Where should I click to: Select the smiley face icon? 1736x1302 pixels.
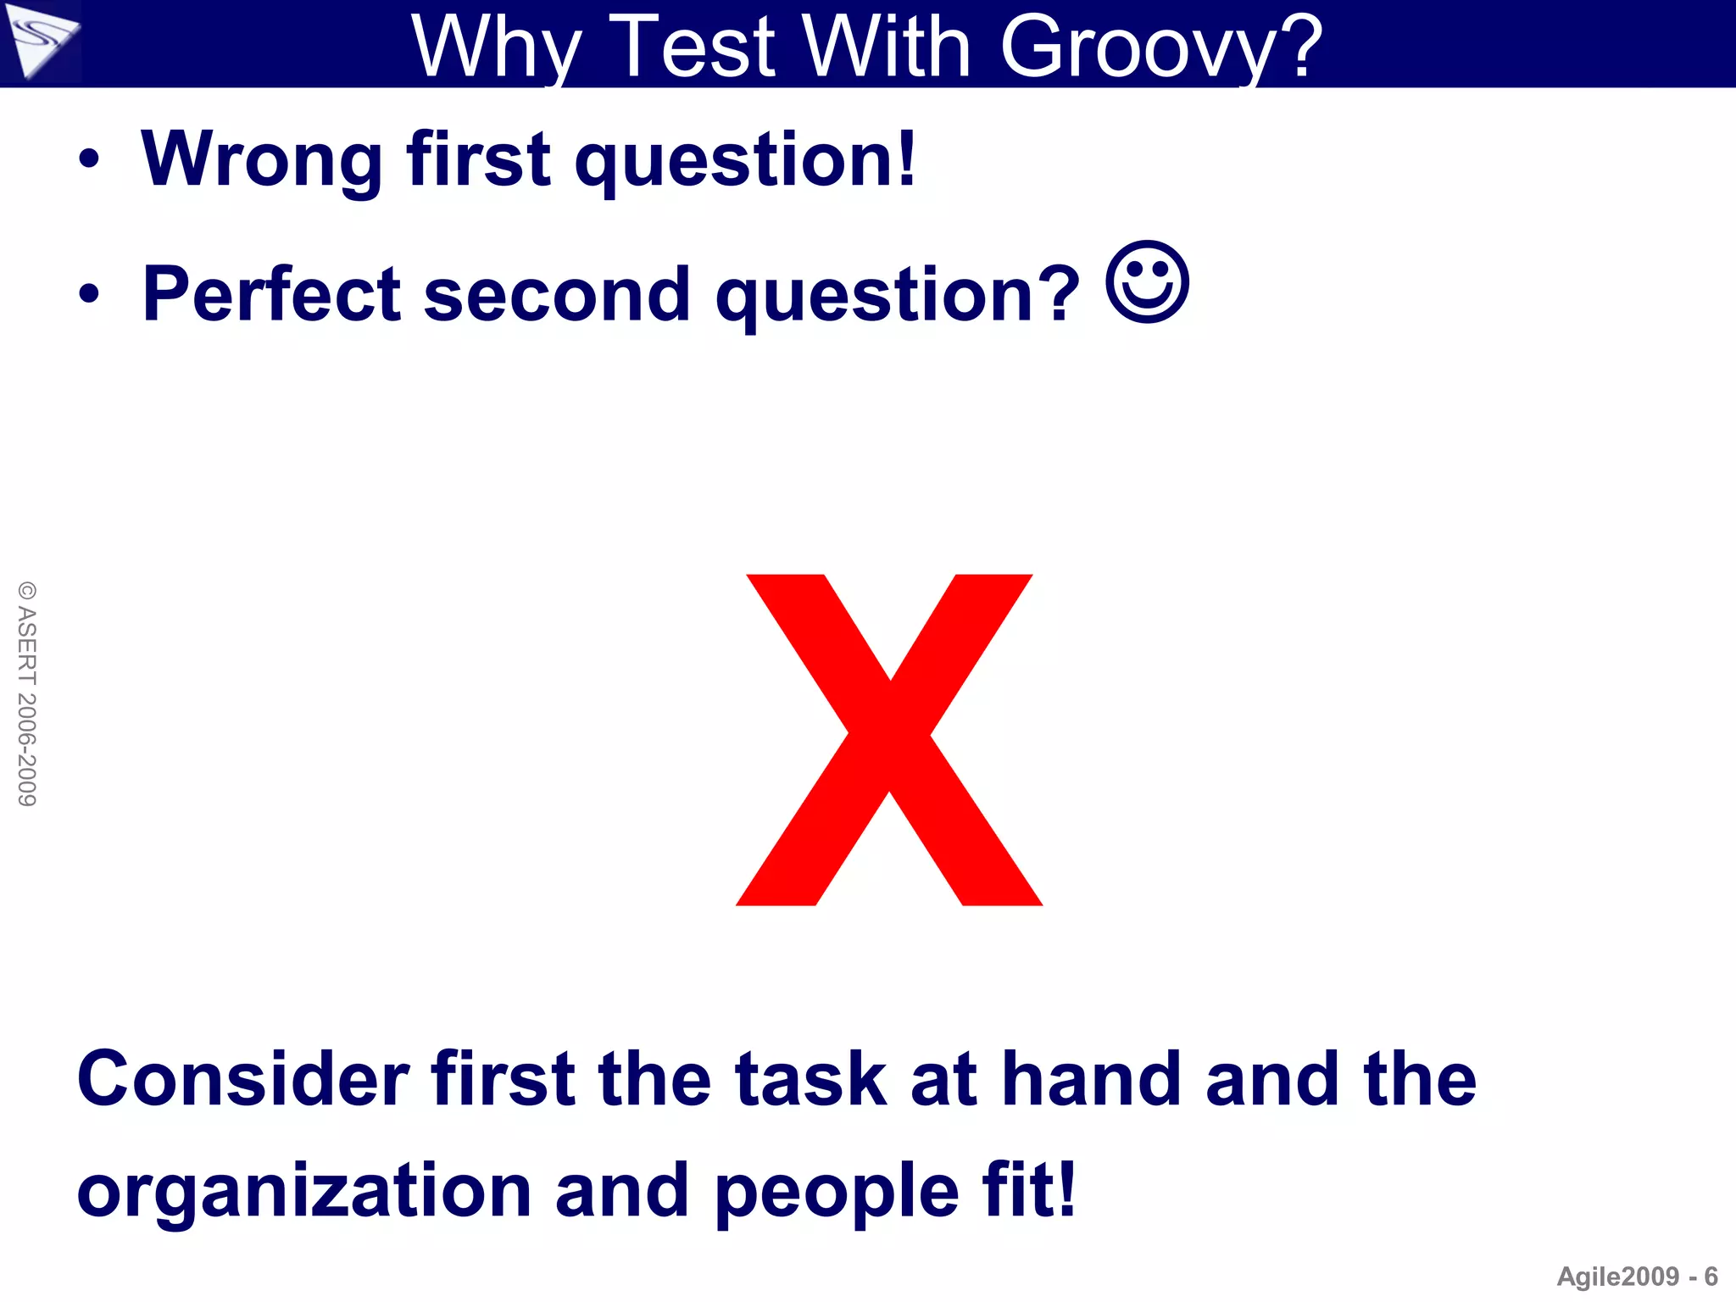1148,283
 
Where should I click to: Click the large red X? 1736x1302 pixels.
889,739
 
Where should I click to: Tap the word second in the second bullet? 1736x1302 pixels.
557,294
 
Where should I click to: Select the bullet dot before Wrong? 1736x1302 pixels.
89,159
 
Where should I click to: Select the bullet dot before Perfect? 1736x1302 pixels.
89,294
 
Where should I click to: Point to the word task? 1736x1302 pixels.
810,1078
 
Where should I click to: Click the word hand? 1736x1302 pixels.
1092,1078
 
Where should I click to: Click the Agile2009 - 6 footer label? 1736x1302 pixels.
1637,1277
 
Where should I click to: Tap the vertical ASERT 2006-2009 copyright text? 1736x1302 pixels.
27,693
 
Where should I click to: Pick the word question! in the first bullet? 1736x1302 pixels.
745,161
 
